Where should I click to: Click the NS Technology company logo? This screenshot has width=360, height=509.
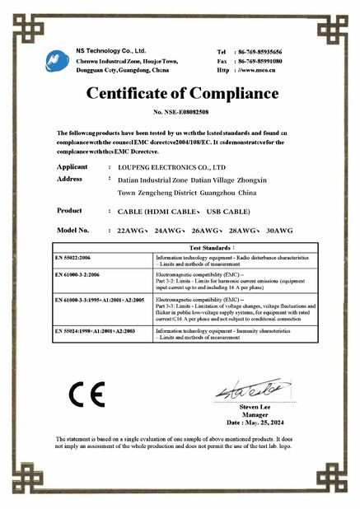coord(58,59)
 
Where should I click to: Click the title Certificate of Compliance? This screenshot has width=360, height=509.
coord(180,91)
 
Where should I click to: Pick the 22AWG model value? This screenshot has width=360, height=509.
coord(133,231)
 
